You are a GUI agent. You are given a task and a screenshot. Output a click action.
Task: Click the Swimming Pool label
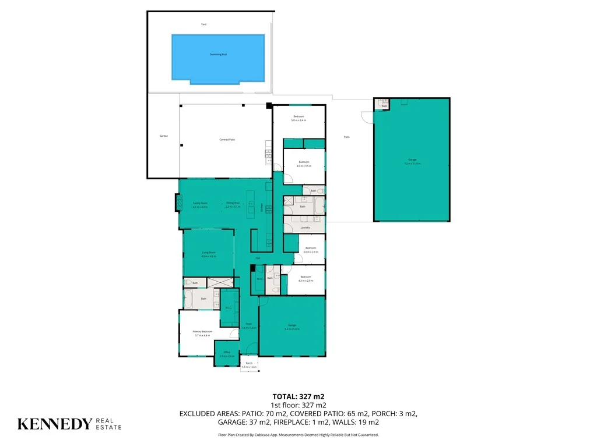[219, 55]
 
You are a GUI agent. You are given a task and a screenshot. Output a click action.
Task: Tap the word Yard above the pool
[203, 24]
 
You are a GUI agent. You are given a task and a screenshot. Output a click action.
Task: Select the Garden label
[164, 136]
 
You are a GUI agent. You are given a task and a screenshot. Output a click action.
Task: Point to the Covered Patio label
[227, 140]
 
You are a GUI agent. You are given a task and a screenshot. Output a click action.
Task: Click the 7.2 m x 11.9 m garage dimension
[412, 164]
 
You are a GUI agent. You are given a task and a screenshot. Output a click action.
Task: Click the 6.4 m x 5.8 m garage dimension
[292, 329]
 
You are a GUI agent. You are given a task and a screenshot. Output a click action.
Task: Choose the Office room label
[227, 352]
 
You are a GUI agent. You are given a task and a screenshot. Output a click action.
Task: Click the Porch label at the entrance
[249, 363]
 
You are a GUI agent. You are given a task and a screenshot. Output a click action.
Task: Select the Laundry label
[305, 228]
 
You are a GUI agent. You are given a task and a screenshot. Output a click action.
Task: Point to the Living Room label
[209, 253]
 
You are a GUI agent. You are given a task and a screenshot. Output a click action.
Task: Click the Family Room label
[201, 203]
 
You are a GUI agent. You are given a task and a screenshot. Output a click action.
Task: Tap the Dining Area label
[233, 203]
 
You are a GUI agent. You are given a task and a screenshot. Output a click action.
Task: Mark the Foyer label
[248, 324]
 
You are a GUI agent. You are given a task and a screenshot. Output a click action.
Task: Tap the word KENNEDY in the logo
[55, 424]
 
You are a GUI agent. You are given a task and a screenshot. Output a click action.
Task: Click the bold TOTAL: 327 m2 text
[298, 396]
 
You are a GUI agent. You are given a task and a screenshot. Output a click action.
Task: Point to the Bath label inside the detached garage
[385, 107]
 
